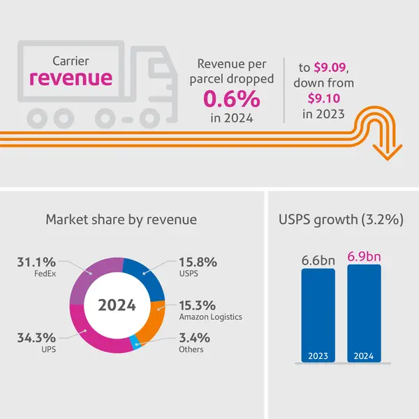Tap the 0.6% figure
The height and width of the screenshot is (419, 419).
[x=231, y=99]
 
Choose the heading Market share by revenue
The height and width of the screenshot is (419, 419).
[x=121, y=219]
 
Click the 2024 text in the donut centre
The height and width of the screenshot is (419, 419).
[x=117, y=305]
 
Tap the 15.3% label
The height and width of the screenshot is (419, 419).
[x=197, y=305]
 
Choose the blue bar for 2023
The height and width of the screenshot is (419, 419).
[x=318, y=314]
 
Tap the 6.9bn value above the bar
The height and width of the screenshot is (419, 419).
[x=364, y=249]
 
